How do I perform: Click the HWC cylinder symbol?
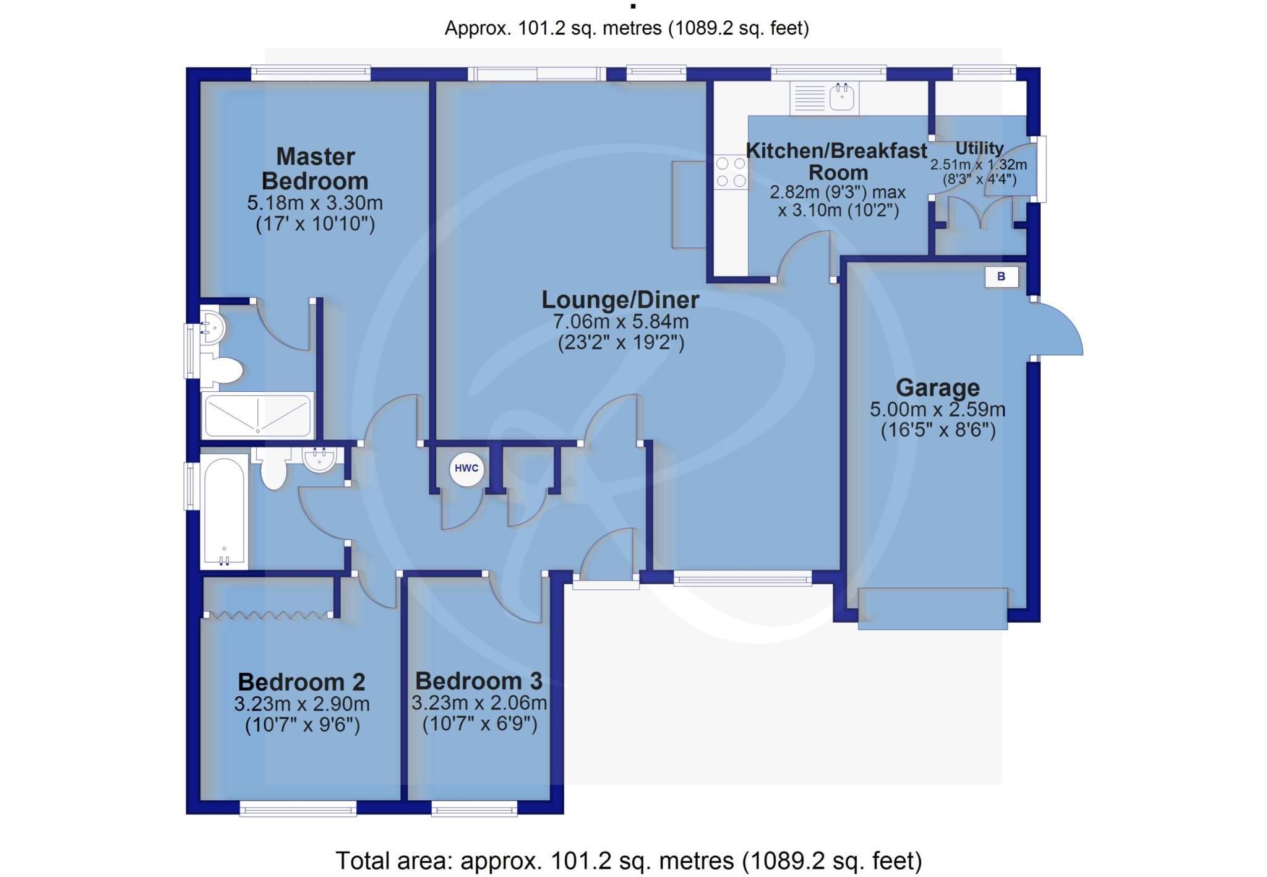pyautogui.click(x=466, y=469)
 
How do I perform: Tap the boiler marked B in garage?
pyautogui.click(x=1001, y=277)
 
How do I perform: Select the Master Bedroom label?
pyautogui.click(x=315, y=168)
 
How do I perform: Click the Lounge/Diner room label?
pyautogui.click(x=620, y=300)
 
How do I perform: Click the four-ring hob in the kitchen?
pyautogui.click(x=731, y=172)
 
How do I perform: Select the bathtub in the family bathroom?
pyautogui.click(x=224, y=511)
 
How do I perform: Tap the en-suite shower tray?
pyautogui.click(x=257, y=415)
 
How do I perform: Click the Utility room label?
pyautogui.click(x=979, y=149)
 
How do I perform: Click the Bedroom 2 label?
pyautogui.click(x=301, y=681)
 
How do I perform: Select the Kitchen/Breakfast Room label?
pyautogui.click(x=837, y=161)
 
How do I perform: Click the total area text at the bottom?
pyautogui.click(x=628, y=860)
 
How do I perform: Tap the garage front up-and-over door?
pyautogui.click(x=932, y=610)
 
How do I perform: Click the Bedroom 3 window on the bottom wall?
pyautogui.click(x=474, y=808)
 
